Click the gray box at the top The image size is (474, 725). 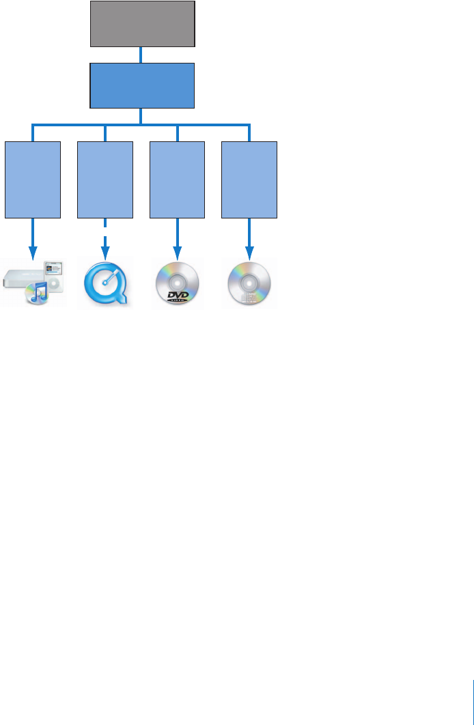coord(142,24)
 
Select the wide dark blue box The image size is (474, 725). coord(142,85)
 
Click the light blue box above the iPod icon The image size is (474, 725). coord(33,180)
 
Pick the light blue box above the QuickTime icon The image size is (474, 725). coord(105,180)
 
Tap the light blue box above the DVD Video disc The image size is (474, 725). coord(178,180)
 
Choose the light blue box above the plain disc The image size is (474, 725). coord(250,180)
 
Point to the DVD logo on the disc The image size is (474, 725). coord(178,295)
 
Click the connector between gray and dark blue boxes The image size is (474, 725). coord(141,55)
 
